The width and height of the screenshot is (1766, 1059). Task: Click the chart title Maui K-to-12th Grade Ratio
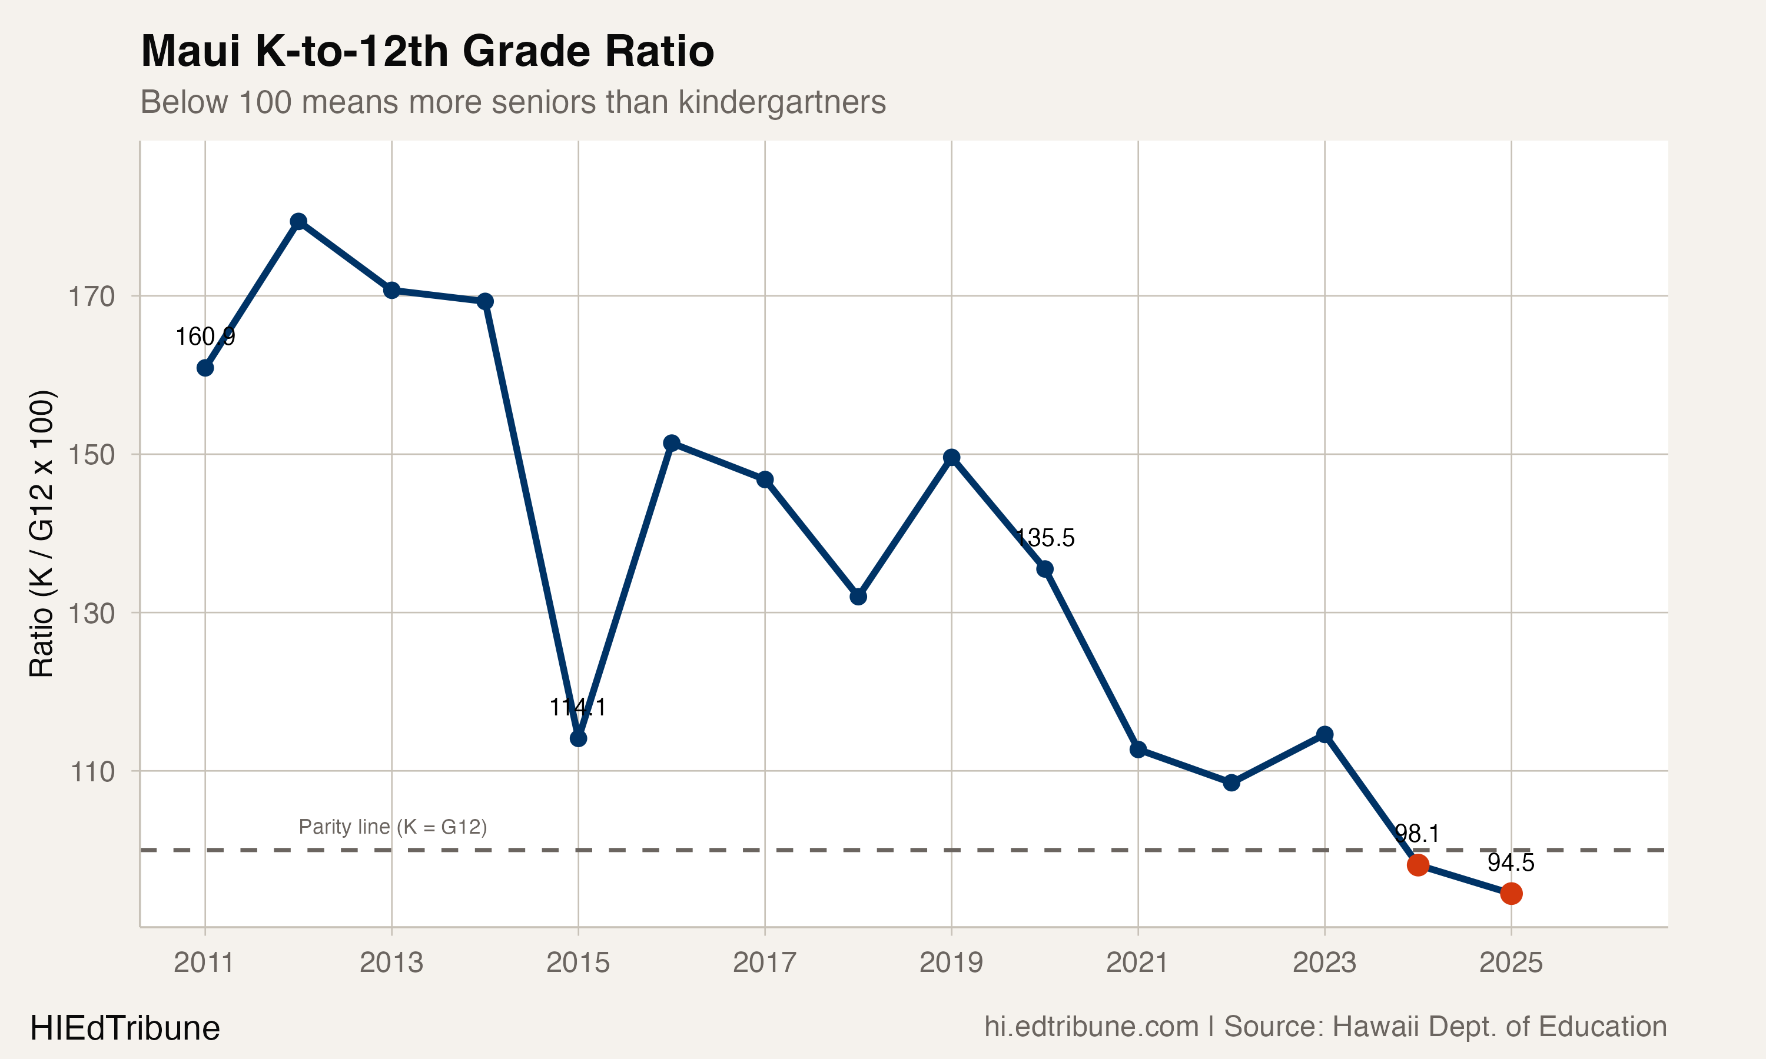point(427,51)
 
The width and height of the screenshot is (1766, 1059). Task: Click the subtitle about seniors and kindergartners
point(513,102)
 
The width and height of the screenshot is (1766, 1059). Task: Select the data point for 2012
point(298,221)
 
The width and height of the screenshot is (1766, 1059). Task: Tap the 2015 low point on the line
point(578,738)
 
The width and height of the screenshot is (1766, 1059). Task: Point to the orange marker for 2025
point(1511,894)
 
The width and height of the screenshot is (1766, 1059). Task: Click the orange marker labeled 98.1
point(1418,865)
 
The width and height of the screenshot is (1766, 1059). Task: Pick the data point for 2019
point(951,457)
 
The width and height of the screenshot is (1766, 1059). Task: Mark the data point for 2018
point(858,596)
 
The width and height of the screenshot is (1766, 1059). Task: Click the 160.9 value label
point(205,336)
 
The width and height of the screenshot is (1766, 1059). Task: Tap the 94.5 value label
point(1511,862)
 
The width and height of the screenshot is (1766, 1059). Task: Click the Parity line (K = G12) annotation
point(393,827)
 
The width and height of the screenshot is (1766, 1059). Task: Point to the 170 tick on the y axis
point(91,296)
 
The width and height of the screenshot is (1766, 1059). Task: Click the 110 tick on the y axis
point(91,771)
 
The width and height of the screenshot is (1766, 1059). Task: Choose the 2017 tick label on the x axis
point(765,963)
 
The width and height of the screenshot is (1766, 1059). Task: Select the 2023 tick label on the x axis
point(1324,963)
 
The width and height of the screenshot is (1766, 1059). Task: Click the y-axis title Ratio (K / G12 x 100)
point(41,533)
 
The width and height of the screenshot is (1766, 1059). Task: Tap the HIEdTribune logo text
point(125,1028)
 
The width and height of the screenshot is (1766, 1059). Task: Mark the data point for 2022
point(1231,783)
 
